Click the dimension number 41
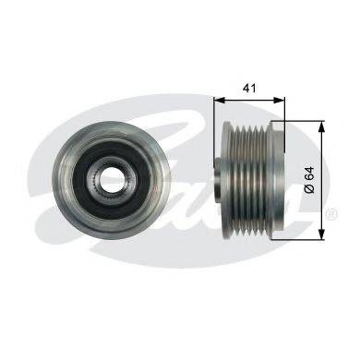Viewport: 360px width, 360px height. pos(249,89)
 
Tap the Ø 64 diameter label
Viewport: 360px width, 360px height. pos(309,180)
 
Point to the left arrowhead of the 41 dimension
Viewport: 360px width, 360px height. pos(220,100)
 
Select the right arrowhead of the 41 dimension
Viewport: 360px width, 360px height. pos(280,100)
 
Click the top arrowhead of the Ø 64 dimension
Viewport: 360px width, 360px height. pos(322,126)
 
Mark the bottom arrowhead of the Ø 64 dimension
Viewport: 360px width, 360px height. pos(322,234)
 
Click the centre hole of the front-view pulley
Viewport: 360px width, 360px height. pos(111,178)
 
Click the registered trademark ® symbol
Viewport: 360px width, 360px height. pos(333,213)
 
